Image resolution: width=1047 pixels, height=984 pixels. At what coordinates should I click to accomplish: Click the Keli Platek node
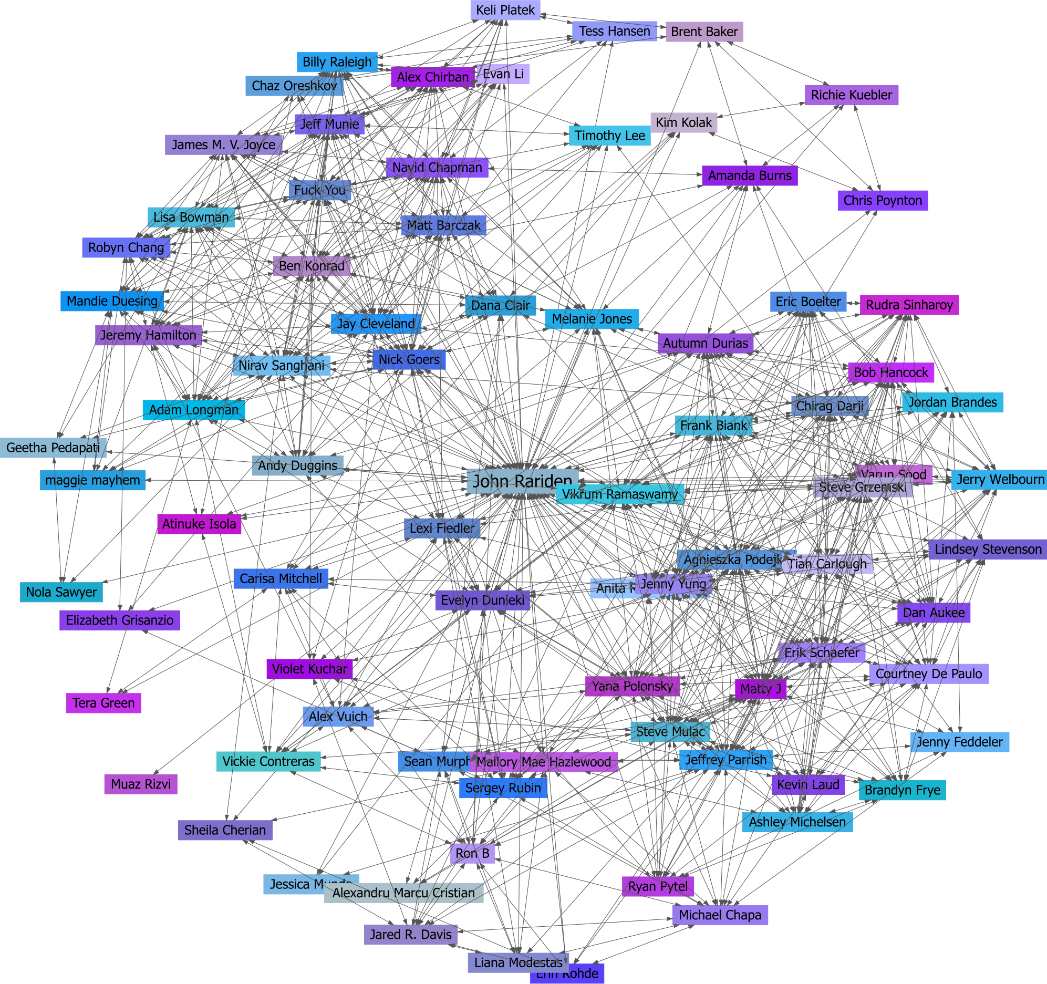tap(505, 10)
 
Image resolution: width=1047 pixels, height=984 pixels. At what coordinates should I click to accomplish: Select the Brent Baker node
tap(704, 32)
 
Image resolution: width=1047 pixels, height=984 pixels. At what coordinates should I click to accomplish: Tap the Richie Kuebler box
tap(851, 95)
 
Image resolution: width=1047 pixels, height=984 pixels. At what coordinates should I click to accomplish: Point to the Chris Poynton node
tap(883, 200)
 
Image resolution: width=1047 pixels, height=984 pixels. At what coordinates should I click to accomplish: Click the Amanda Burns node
tap(750, 175)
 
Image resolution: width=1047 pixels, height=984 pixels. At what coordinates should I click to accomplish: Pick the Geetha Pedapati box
tap(53, 448)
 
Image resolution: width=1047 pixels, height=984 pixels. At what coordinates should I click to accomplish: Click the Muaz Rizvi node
tap(141, 784)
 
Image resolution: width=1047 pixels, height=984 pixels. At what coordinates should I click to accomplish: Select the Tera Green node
tap(103, 703)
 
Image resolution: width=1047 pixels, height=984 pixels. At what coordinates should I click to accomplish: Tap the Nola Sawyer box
tap(61, 592)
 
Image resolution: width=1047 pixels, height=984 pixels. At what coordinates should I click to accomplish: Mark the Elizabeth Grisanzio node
tap(120, 620)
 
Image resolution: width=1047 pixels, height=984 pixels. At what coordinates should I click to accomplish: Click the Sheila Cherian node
tap(225, 830)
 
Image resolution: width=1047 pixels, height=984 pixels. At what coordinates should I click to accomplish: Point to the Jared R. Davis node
tap(410, 935)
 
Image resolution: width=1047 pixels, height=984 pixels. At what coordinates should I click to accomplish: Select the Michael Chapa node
tap(720, 915)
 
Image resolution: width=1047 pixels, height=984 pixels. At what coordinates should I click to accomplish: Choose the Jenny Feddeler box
tap(960, 742)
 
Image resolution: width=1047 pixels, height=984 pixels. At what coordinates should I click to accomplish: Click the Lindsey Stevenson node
tap(988, 549)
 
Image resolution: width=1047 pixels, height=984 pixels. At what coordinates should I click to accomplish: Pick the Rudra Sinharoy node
tap(909, 305)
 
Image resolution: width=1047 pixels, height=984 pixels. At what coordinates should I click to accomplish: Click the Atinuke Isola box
tap(199, 524)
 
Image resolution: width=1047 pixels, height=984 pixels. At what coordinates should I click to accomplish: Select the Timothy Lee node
tap(609, 136)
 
